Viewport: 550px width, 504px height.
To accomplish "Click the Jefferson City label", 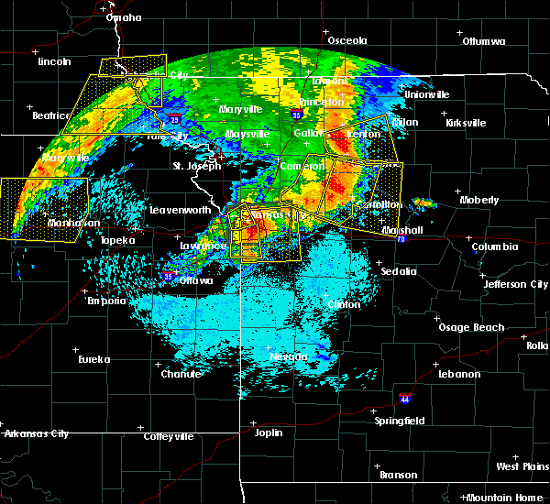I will (x=516, y=284).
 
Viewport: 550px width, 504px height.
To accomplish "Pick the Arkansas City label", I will (x=35, y=433).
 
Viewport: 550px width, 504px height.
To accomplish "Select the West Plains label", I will (x=520, y=466).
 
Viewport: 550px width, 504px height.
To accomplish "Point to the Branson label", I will (x=399, y=475).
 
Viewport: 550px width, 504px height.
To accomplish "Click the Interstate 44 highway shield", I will (x=411, y=399).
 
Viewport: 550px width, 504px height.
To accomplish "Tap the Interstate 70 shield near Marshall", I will (x=401, y=238).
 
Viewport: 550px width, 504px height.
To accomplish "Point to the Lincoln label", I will (x=55, y=61).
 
